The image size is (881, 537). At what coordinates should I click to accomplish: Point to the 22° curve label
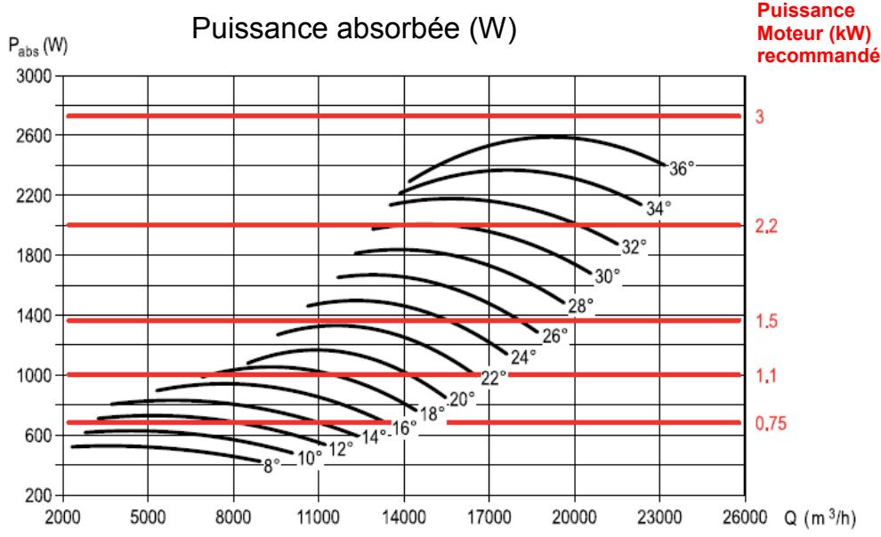point(493,377)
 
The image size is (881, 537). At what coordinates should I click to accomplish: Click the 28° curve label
point(580,306)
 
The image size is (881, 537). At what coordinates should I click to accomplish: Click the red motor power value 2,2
point(766,227)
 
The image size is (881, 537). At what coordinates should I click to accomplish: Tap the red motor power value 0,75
point(769,423)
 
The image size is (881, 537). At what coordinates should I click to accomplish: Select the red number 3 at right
point(759,116)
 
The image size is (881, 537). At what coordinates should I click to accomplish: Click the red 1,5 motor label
point(765,322)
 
